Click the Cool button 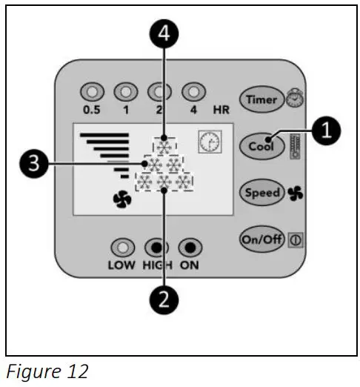click(x=260, y=145)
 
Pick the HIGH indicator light click(x=156, y=247)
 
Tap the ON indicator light click(x=189, y=247)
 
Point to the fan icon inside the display click(x=121, y=199)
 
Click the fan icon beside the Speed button click(x=295, y=193)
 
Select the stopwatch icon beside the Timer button click(x=295, y=100)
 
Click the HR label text click(x=221, y=110)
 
